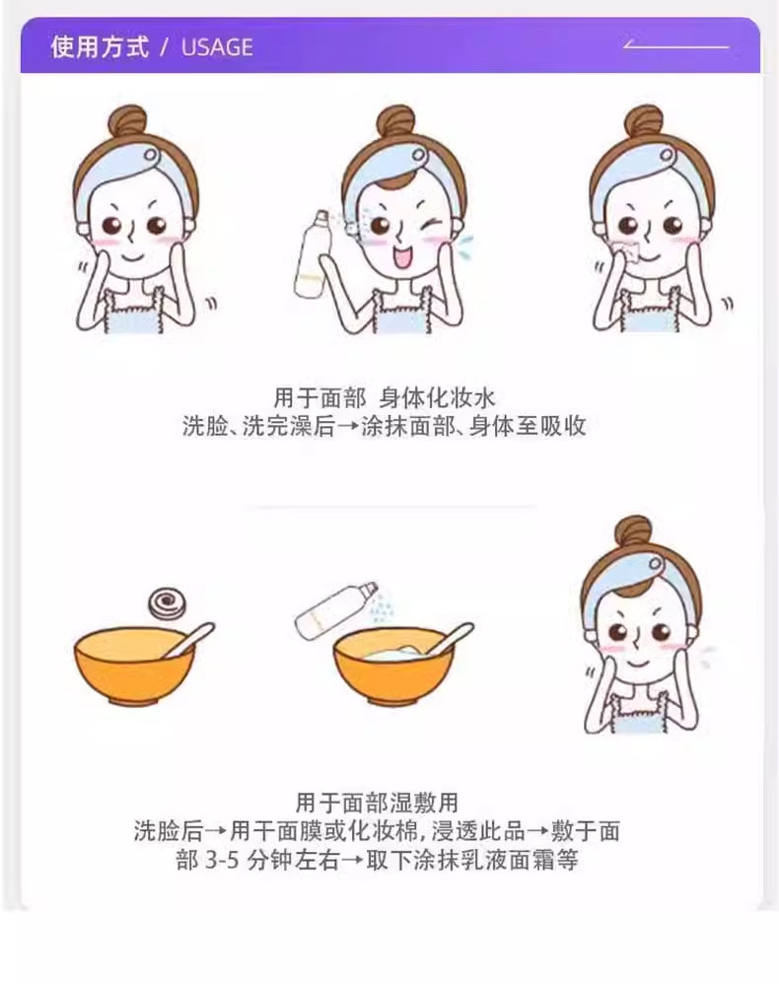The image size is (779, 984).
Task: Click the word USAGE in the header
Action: pos(217,47)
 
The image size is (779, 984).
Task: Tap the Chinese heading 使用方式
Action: pos(100,47)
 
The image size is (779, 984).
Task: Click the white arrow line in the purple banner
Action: pos(676,45)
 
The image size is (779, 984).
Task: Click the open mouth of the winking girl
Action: pos(400,256)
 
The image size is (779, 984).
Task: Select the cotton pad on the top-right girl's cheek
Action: pos(625,252)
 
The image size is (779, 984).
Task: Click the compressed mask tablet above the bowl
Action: pos(167,603)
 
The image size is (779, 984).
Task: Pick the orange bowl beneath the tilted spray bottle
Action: pos(393,668)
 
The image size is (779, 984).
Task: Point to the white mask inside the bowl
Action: pos(392,653)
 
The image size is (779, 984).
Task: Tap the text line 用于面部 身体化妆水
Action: pos(385,398)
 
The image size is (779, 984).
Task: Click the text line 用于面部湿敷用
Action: pos(377,803)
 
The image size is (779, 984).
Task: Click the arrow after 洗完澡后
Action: pos(348,427)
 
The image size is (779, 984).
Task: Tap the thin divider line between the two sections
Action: pos(389,506)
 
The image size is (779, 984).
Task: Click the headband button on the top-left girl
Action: pos(151,155)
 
